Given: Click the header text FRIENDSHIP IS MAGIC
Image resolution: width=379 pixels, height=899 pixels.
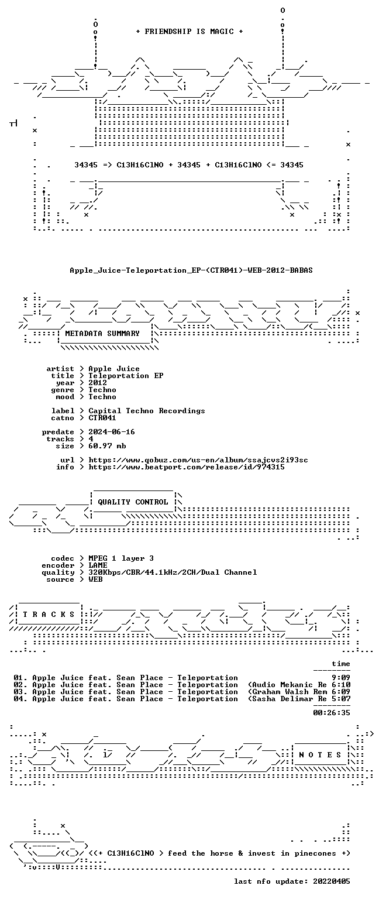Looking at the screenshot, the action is tap(189, 31).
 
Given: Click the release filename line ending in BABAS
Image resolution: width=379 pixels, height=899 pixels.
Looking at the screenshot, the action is tap(191, 270).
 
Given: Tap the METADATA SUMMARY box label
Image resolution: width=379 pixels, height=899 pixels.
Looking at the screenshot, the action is tap(102, 333).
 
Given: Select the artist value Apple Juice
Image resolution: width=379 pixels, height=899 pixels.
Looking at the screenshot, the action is tap(114, 368).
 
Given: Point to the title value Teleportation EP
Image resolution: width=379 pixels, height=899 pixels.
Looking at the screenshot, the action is tap(126, 376).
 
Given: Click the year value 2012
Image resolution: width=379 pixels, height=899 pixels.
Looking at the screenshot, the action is tap(98, 382).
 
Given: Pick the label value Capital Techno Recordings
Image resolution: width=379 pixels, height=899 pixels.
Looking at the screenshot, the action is tap(147, 410).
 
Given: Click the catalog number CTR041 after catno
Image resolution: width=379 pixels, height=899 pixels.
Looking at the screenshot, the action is tap(102, 418).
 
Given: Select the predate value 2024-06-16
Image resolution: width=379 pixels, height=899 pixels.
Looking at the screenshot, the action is tap(112, 432).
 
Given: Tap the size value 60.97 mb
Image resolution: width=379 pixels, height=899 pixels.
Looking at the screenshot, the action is tap(107, 446).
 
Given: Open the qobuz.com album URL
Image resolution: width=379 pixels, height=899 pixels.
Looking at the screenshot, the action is tap(198, 460).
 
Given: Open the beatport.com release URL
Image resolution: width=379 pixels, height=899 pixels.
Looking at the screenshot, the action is tap(187, 467).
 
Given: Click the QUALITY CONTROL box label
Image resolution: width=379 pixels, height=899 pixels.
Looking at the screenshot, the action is tap(133, 502).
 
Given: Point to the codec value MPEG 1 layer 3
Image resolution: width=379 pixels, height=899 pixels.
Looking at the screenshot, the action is tap(121, 558).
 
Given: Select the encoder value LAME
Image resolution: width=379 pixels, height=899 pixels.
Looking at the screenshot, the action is tap(98, 565).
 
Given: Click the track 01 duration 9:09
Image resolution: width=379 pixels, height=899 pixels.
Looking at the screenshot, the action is tap(341, 678).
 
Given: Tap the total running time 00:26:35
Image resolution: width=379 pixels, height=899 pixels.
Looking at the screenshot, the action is tap(332, 713).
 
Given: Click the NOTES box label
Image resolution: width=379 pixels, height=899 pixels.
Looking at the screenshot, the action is tap(320, 755).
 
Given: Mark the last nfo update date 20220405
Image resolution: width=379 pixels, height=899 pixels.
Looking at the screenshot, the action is tap(332, 881).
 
